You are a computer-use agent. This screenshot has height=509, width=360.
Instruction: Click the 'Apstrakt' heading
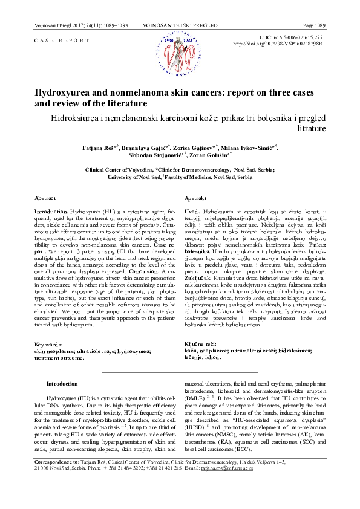point(196,198)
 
